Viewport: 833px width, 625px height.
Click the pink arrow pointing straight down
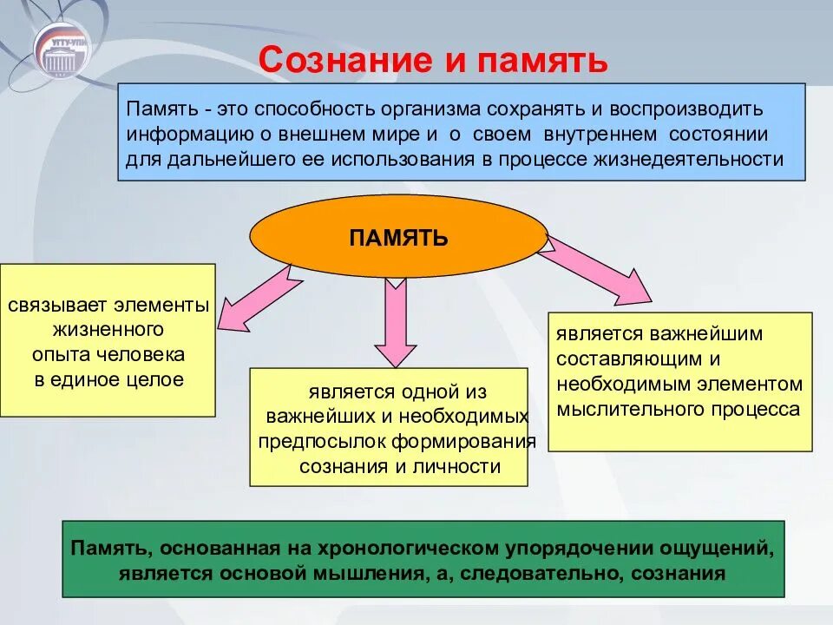pyautogui.click(x=396, y=321)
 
